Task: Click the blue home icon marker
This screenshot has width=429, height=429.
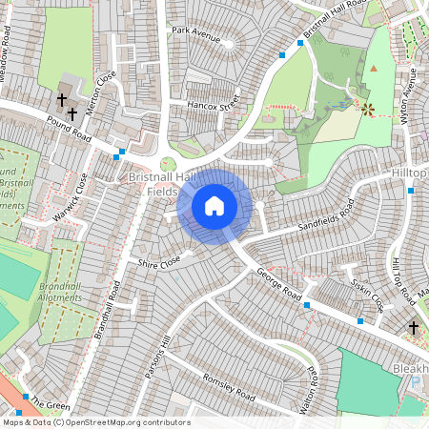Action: pyautogui.click(x=214, y=205)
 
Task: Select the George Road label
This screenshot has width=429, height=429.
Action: pyautogui.click(x=279, y=285)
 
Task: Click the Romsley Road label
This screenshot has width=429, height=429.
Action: pyautogui.click(x=229, y=386)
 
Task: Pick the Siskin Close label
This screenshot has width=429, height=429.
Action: pyautogui.click(x=367, y=296)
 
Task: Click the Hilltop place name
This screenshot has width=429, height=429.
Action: pyautogui.click(x=409, y=174)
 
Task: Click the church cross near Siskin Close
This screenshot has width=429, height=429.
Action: pyautogui.click(x=413, y=327)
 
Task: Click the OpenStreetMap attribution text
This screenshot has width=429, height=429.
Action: pyautogui.click(x=95, y=422)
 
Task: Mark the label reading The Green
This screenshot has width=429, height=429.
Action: pyautogui.click(x=50, y=404)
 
